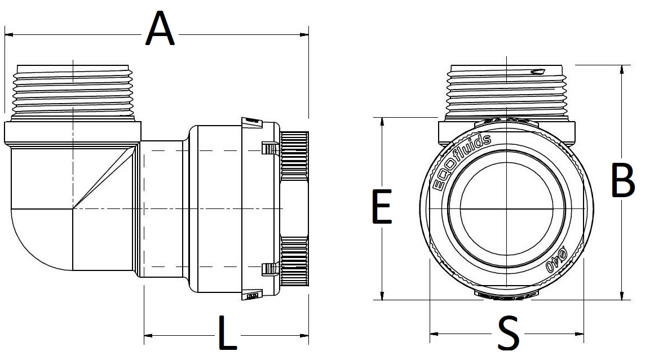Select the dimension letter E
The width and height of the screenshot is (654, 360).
click(x=382, y=207)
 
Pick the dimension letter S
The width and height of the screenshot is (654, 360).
click(x=509, y=334)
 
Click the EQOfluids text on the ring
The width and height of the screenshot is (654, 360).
click(x=460, y=163)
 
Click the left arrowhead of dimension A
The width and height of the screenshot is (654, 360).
click(x=8, y=35)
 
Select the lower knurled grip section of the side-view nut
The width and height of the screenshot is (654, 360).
click(x=294, y=263)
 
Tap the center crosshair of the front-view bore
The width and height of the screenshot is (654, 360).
click(x=507, y=209)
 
